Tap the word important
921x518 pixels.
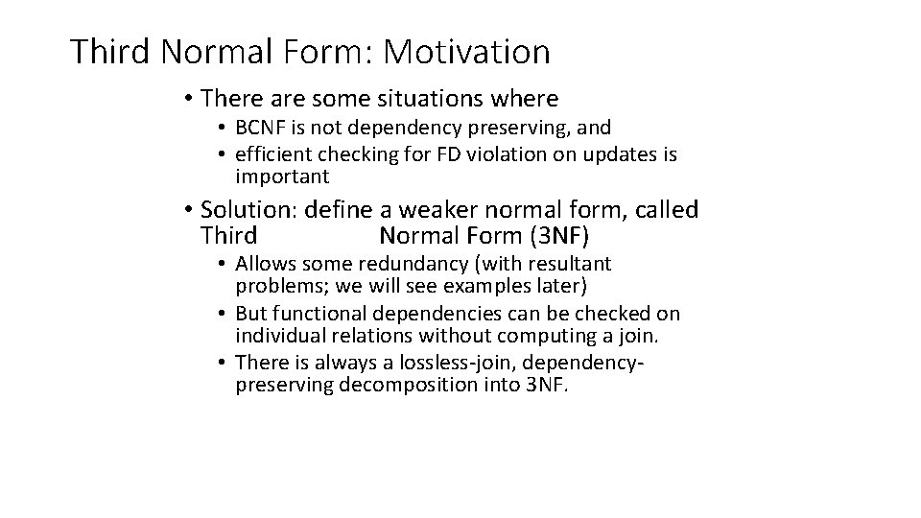click(x=282, y=177)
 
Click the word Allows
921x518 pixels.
click(x=261, y=264)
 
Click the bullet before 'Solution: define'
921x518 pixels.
click(x=192, y=210)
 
